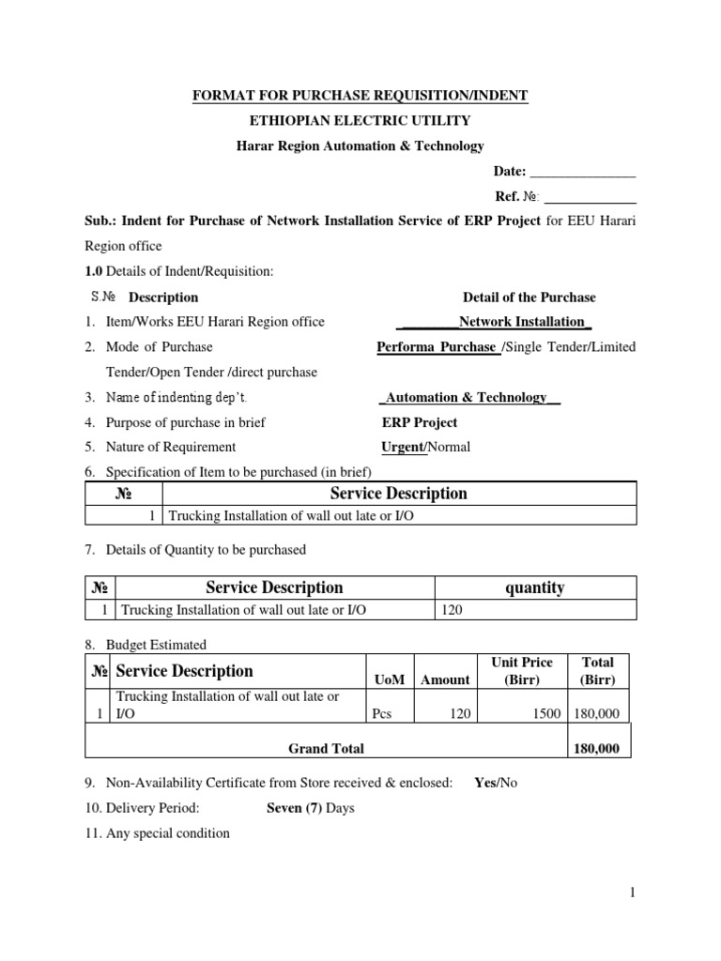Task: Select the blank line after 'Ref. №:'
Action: [591, 198]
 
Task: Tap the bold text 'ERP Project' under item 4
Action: [420, 422]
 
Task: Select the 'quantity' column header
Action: [534, 587]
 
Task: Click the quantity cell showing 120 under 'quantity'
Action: [452, 611]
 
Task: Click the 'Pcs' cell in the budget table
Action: [381, 714]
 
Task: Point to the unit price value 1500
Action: [545, 714]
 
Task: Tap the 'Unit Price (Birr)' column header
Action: [522, 671]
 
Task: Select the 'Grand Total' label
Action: [326, 748]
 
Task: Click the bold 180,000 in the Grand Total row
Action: [596, 748]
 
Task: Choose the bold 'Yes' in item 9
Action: [485, 783]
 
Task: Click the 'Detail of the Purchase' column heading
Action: [529, 297]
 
